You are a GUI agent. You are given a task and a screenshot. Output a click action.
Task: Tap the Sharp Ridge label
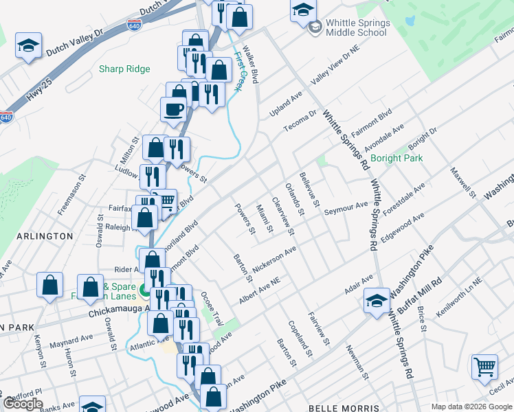(124, 69)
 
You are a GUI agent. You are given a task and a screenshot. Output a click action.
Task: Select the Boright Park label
(396, 158)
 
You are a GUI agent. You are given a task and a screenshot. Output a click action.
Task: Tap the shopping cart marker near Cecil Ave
(484, 367)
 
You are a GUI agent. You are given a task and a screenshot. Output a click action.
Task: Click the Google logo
(23, 404)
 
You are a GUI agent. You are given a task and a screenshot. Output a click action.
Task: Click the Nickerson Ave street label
(275, 260)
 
